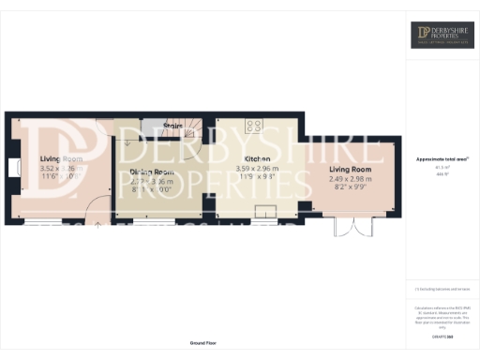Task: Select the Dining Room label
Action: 151,172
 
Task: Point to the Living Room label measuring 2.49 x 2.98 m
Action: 351,168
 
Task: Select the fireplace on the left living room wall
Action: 12,169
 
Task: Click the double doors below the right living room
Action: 348,227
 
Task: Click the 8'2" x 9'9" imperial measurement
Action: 351,187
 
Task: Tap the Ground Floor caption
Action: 202,344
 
